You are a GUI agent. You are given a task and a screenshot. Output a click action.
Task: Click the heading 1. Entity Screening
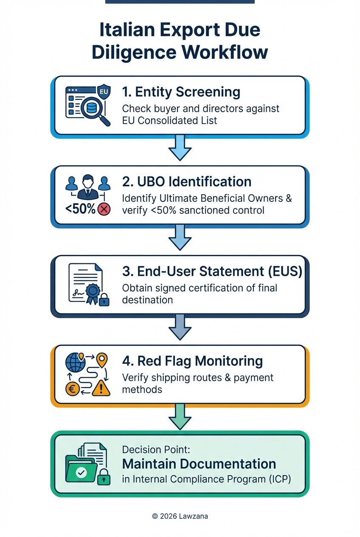click(x=181, y=91)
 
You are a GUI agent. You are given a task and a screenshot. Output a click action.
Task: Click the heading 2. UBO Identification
click(x=186, y=181)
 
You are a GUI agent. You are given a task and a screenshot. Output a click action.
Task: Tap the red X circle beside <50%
click(x=104, y=209)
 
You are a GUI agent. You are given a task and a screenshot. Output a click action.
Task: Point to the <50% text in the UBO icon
click(x=80, y=209)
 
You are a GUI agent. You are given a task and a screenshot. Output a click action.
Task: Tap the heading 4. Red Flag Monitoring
click(x=192, y=361)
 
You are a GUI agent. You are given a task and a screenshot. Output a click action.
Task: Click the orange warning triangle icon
click(x=101, y=387)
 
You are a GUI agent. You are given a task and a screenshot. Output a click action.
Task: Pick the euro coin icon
click(x=73, y=389)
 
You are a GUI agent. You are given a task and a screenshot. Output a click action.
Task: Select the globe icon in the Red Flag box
click(x=75, y=362)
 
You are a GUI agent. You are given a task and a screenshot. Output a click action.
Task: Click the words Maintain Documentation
click(x=199, y=464)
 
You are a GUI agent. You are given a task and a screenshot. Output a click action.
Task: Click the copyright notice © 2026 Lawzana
click(x=180, y=516)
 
